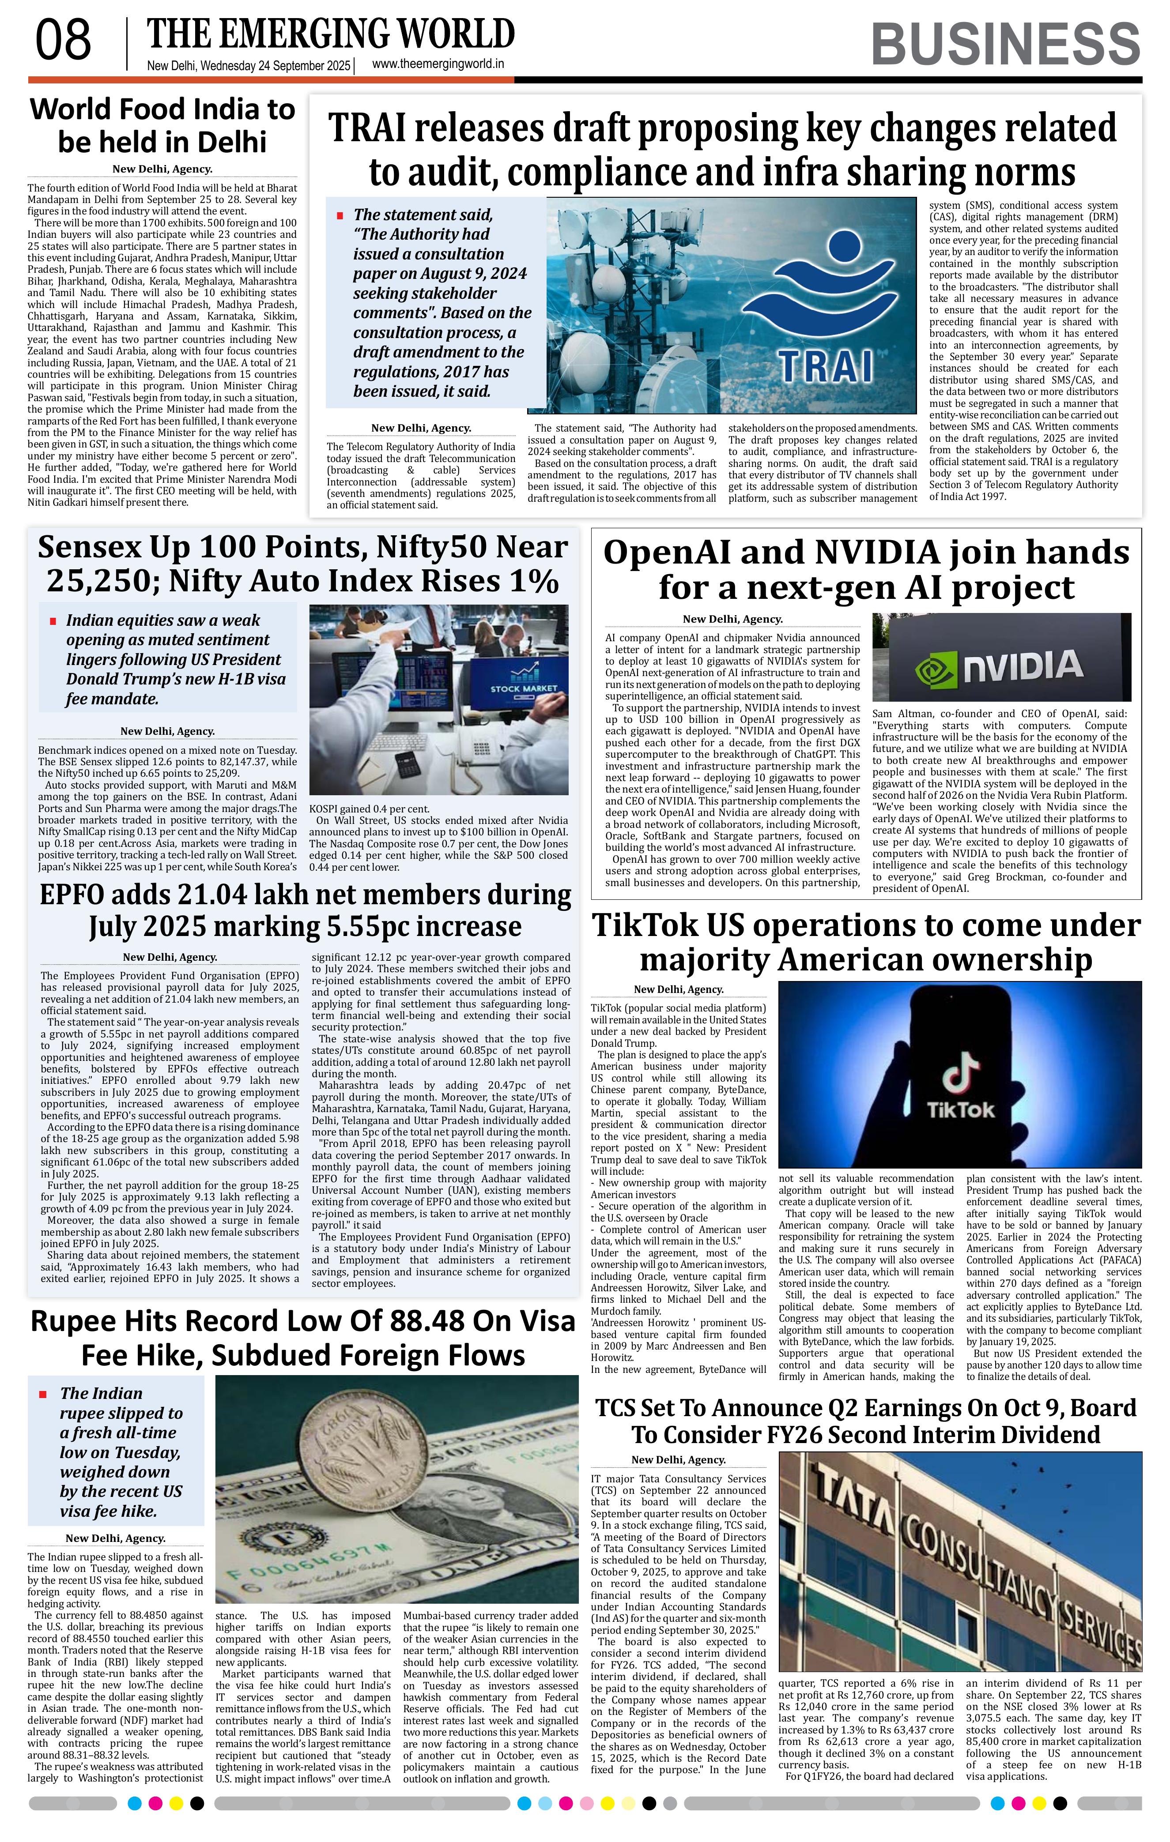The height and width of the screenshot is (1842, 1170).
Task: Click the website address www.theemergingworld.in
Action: point(438,65)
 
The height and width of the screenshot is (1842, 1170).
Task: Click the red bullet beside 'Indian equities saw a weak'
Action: point(53,621)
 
